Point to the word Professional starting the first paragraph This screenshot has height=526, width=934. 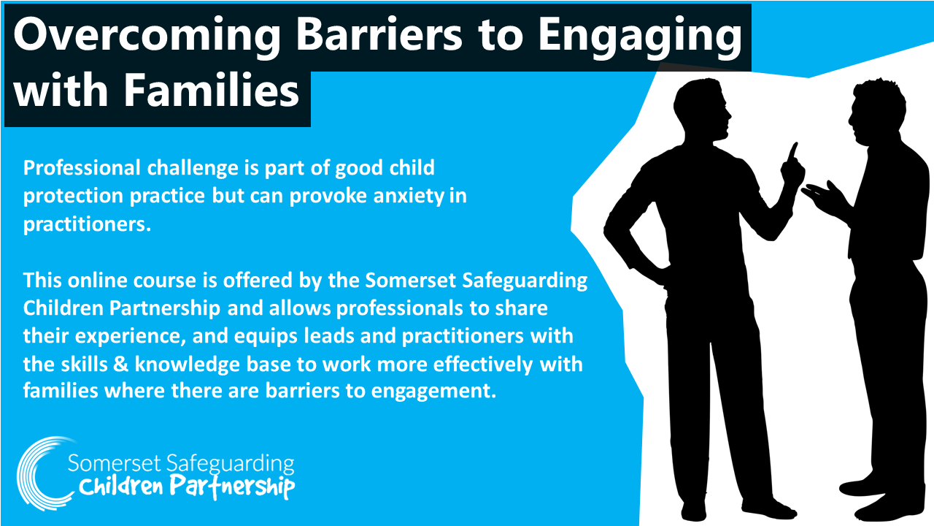(x=82, y=168)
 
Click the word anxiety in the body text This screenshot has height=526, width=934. (x=409, y=197)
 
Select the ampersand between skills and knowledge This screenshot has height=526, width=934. (x=121, y=364)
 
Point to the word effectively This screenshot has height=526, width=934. (x=483, y=365)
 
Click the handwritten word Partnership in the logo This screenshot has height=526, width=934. (x=232, y=487)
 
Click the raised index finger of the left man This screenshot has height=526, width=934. (x=793, y=153)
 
